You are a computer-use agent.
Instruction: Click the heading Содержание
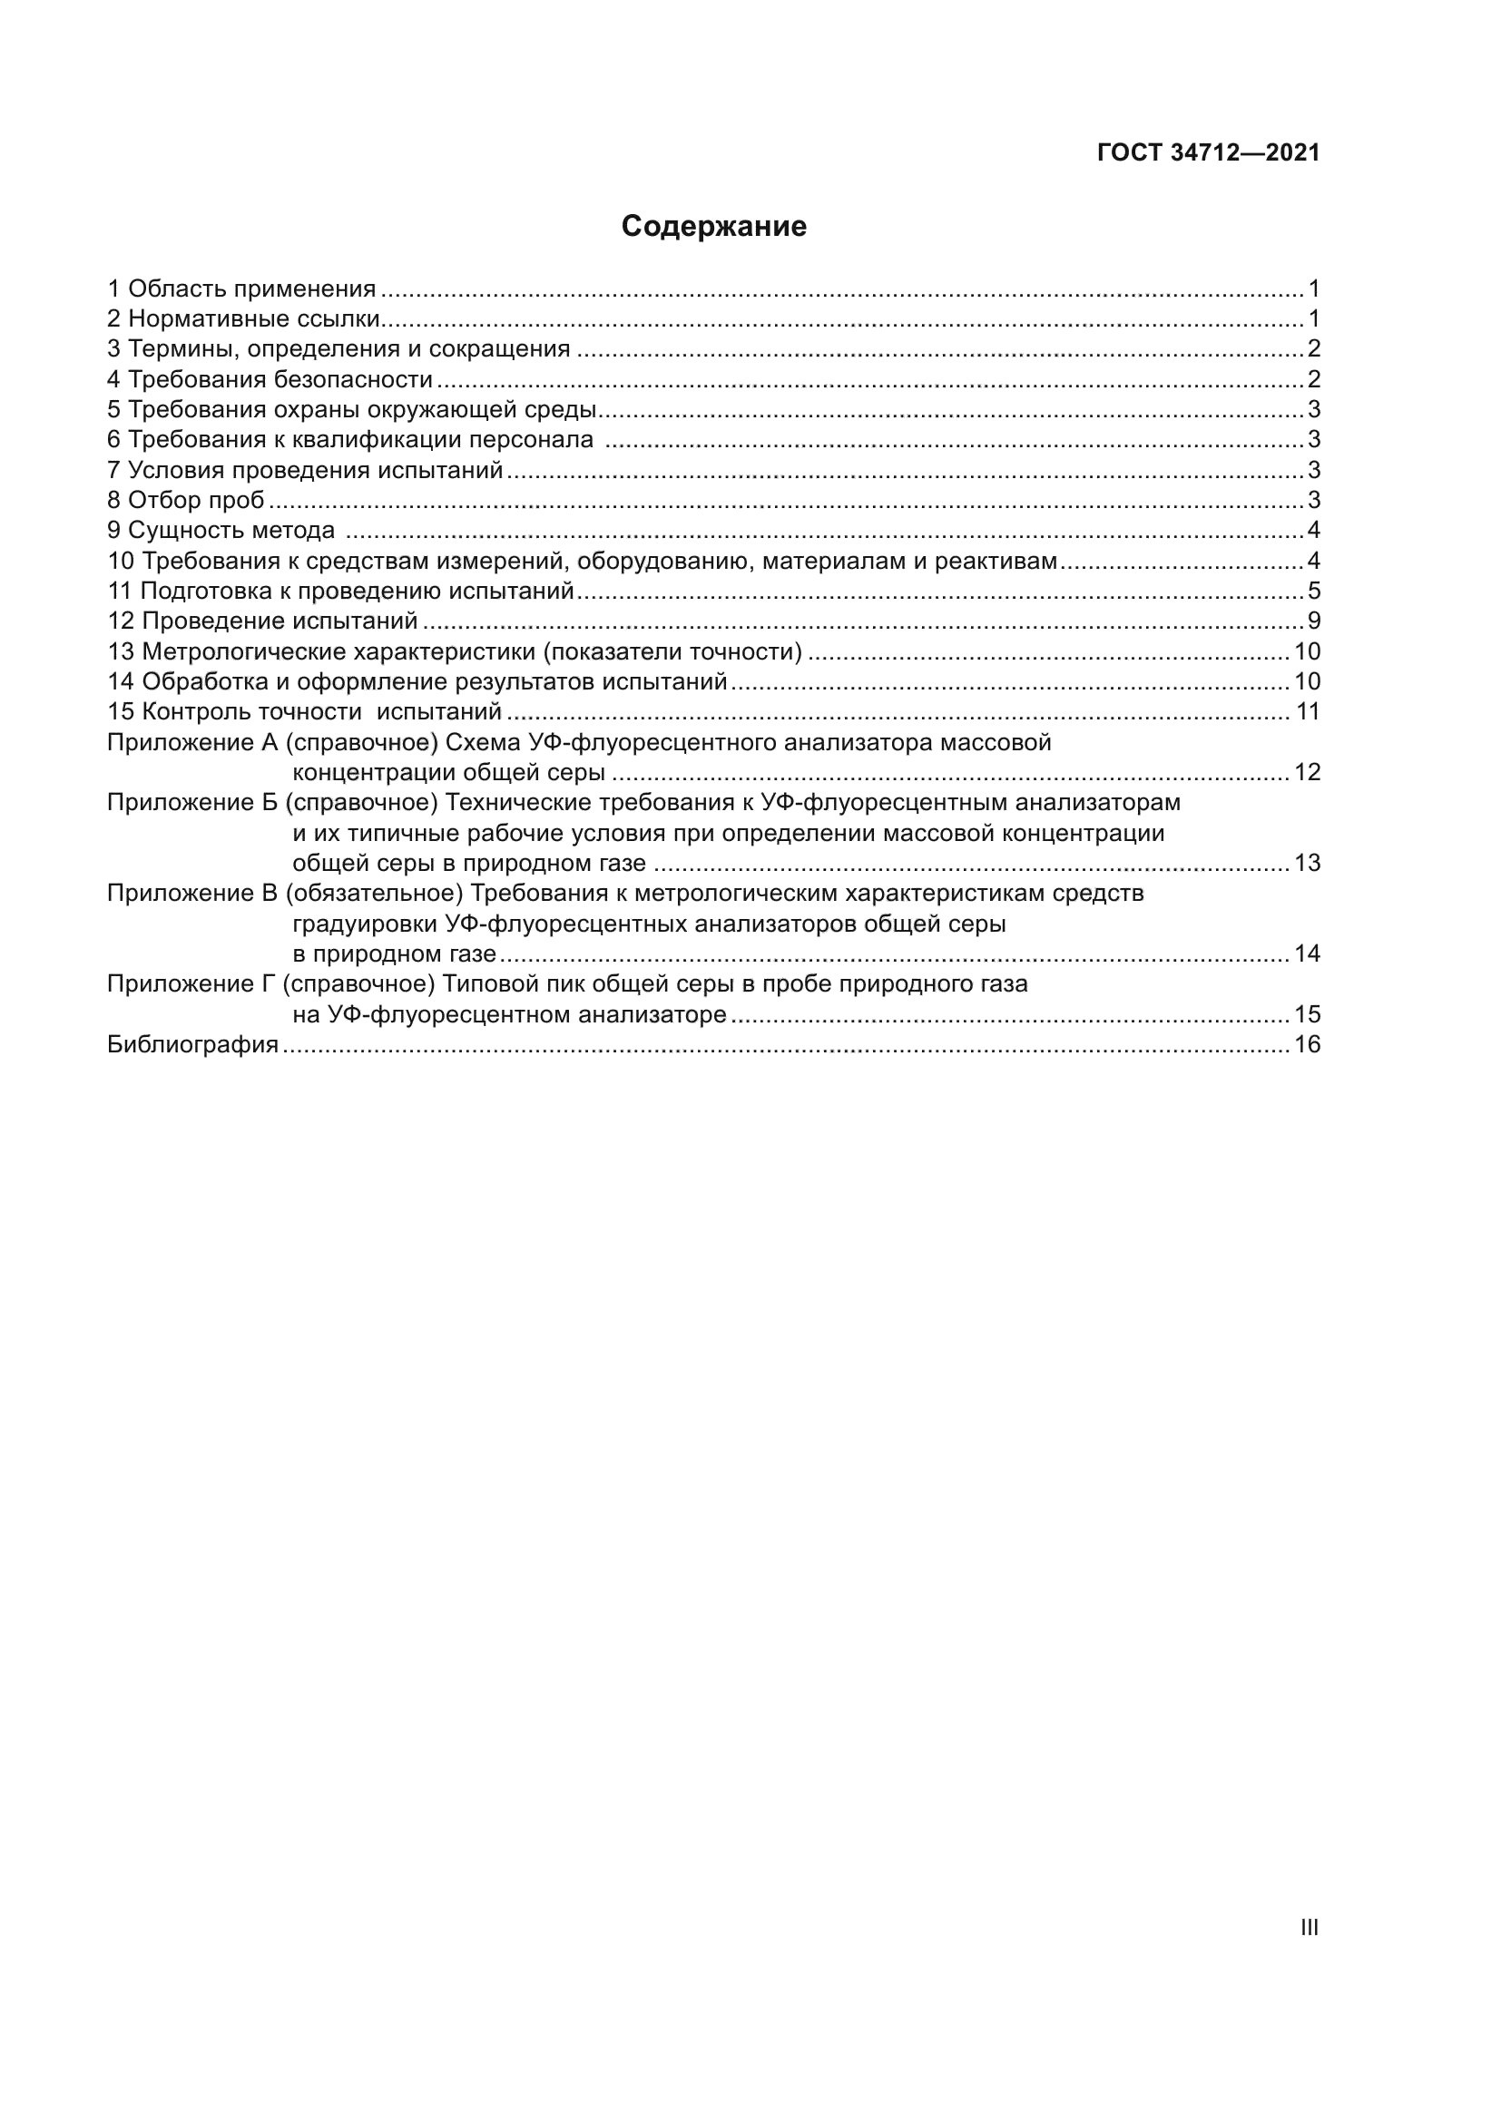point(713,227)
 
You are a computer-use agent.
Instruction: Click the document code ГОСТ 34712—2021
point(1208,153)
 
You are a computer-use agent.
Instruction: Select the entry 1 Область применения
point(242,289)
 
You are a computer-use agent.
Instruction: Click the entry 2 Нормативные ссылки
point(244,319)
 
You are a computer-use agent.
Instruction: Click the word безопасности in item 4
point(354,380)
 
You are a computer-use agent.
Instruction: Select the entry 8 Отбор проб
point(186,501)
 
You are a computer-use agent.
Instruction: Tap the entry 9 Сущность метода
point(221,531)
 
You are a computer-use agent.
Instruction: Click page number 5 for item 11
point(1313,592)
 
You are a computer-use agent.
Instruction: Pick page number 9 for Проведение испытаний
point(1313,621)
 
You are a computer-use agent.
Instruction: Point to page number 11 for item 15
point(1307,711)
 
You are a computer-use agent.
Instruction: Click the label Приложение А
point(192,742)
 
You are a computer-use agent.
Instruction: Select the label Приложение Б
point(192,802)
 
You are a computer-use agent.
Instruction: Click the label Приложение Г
point(191,984)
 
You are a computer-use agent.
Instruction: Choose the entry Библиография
point(192,1045)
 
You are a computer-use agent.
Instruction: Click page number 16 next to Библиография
point(1307,1045)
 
